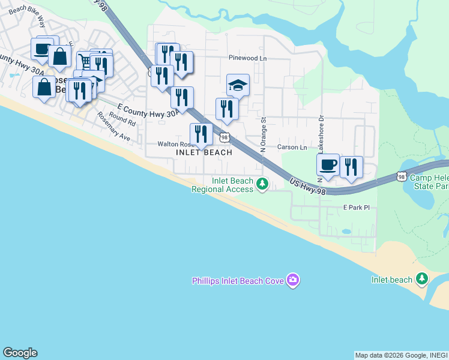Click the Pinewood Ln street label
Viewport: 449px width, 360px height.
pyautogui.click(x=247, y=58)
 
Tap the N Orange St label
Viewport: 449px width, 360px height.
pyautogui.click(x=263, y=134)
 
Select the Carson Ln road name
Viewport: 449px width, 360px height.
pyautogui.click(x=292, y=147)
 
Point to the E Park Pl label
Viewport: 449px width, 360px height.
pyautogui.click(x=357, y=207)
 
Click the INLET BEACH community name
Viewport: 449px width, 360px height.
pyautogui.click(x=203, y=152)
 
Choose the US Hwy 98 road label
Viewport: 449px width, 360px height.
pyautogui.click(x=307, y=187)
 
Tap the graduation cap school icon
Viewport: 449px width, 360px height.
pyautogui.click(x=238, y=85)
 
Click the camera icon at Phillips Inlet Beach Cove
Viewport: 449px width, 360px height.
pyautogui.click(x=293, y=280)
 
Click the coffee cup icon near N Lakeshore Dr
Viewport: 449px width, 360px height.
pyautogui.click(x=328, y=165)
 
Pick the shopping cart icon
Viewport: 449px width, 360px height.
pyautogui.click(x=84, y=60)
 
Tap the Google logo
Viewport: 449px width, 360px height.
pyautogui.click(x=20, y=353)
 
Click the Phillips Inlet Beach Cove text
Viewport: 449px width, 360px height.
pyautogui.click(x=238, y=281)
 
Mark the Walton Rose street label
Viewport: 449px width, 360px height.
pyautogui.click(x=173, y=145)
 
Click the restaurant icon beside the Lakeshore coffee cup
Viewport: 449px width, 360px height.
pyautogui.click(x=351, y=166)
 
